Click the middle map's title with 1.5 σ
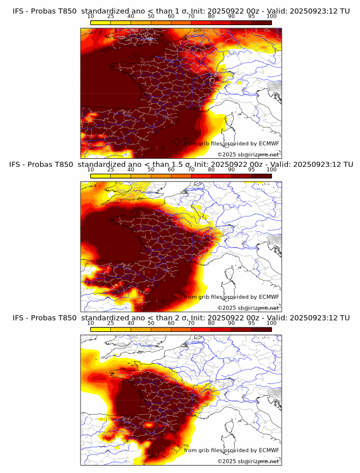[181, 165]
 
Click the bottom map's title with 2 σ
[181, 318]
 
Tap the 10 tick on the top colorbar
[91, 17]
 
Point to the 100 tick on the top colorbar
[271, 17]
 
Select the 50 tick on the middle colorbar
[151, 170]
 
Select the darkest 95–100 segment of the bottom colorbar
[261, 330]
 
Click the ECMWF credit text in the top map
[232, 144]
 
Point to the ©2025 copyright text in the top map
[248, 154]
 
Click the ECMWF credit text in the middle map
[232, 297]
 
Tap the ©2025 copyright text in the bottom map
[248, 461]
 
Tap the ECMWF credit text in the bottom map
[232, 450]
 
